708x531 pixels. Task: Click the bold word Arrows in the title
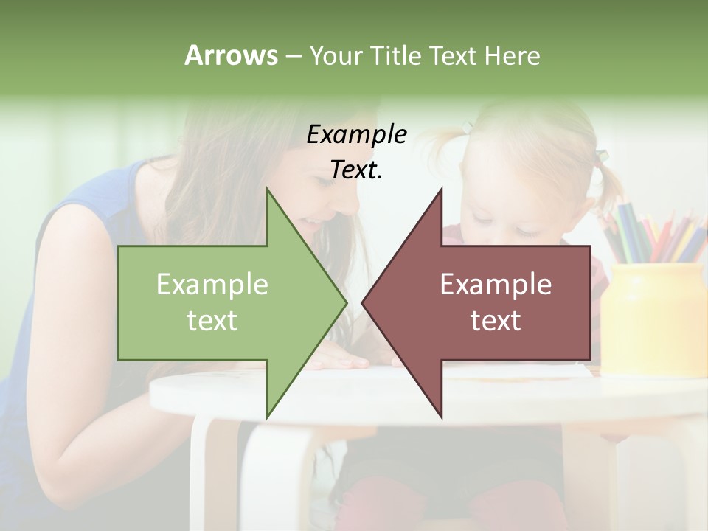231,55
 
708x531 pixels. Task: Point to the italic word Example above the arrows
357,135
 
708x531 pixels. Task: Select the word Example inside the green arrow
212,285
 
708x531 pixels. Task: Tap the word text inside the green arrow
212,321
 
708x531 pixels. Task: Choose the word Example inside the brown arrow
496,285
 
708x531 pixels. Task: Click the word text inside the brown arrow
496,321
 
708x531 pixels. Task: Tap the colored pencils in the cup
649,232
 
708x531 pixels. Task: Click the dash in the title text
293,57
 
